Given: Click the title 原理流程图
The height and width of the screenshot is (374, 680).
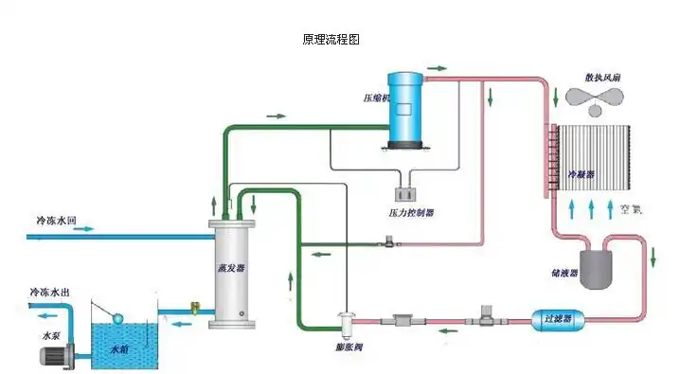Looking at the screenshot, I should [331, 40].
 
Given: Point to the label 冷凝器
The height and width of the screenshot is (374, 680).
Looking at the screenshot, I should [580, 175].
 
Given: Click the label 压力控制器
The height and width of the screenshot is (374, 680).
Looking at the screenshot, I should [411, 213].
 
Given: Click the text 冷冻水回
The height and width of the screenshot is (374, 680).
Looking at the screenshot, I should [56, 220].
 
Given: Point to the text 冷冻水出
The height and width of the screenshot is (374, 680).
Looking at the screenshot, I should [49, 293].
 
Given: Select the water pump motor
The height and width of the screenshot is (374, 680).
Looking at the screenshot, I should [56, 356].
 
